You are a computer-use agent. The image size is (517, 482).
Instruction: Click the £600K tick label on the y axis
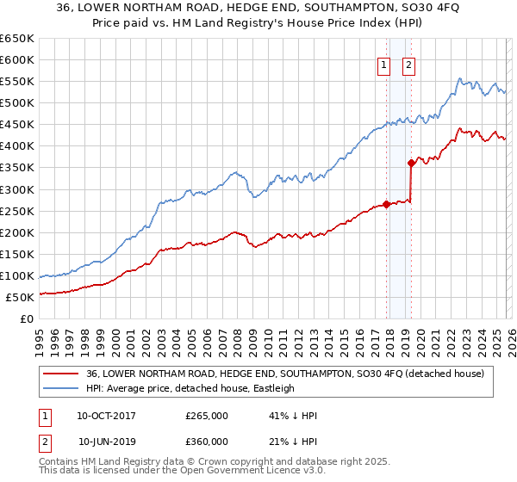tap(17, 60)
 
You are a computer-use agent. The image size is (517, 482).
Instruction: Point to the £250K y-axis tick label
tap(17, 211)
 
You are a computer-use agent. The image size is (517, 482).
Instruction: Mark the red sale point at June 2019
tap(411, 163)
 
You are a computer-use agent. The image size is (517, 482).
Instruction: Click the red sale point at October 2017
tap(386, 204)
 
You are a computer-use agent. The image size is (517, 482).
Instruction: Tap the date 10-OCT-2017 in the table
tap(106, 416)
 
